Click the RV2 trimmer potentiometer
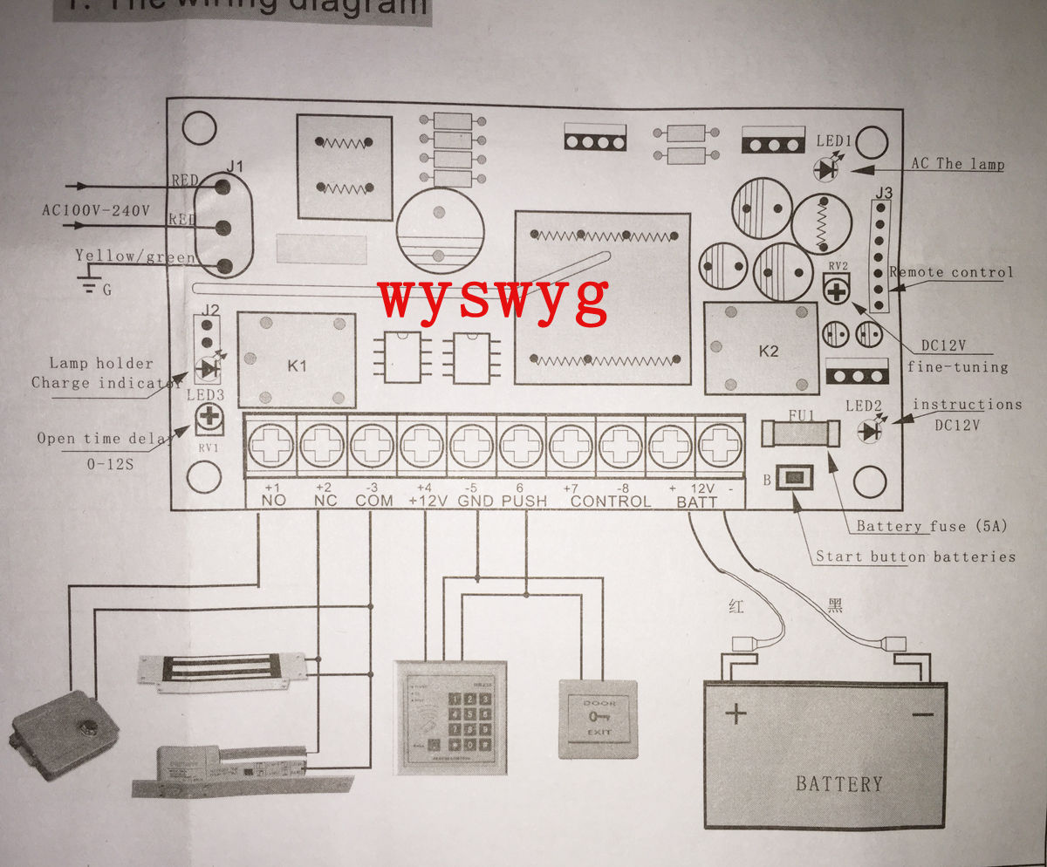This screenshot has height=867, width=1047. coord(837,290)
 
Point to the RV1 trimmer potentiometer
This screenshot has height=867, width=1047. coord(209,419)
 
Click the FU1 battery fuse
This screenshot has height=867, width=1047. coord(800,432)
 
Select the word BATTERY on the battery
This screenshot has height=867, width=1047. coord(838,783)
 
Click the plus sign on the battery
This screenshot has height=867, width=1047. coord(736,714)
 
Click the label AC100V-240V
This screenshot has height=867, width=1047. coord(96,210)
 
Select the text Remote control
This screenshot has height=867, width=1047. coord(951,272)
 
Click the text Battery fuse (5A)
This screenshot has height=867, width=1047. coord(931,526)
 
